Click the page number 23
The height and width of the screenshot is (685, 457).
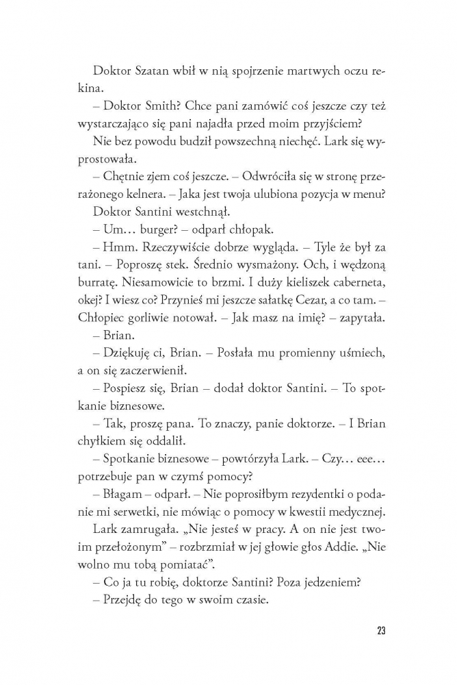[x=380, y=631]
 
